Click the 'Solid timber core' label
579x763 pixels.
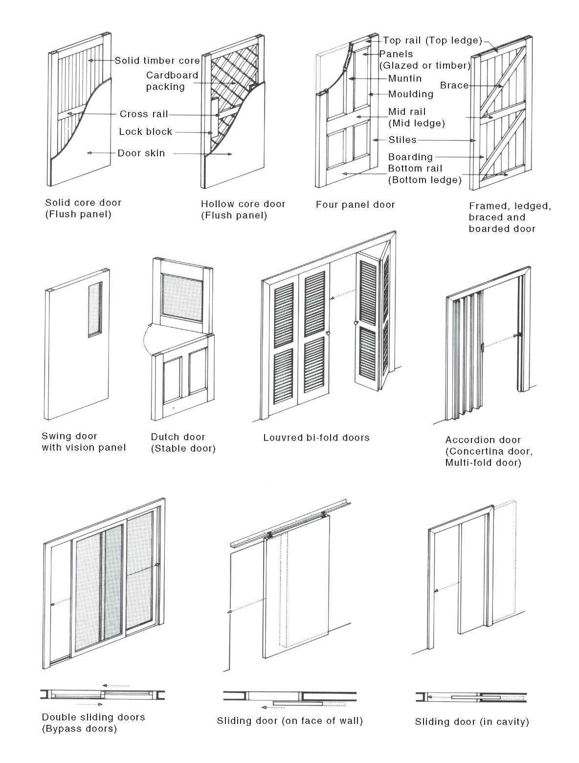click(157, 61)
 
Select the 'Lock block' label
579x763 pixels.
click(146, 132)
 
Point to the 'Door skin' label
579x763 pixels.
click(141, 153)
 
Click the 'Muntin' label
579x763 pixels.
click(404, 79)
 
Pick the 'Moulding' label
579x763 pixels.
click(411, 94)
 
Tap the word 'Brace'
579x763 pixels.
click(454, 86)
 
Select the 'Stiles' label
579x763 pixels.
click(402, 140)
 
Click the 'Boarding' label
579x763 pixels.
click(410, 157)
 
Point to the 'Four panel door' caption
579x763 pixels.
click(355, 205)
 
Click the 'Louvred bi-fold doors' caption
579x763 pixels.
click(316, 437)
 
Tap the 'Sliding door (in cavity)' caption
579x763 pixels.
click(472, 721)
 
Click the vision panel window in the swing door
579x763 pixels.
click(95, 309)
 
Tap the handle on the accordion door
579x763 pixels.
click(484, 348)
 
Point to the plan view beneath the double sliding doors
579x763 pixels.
click(102, 695)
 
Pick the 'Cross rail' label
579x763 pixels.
click(144, 114)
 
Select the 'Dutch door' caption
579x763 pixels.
click(178, 437)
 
